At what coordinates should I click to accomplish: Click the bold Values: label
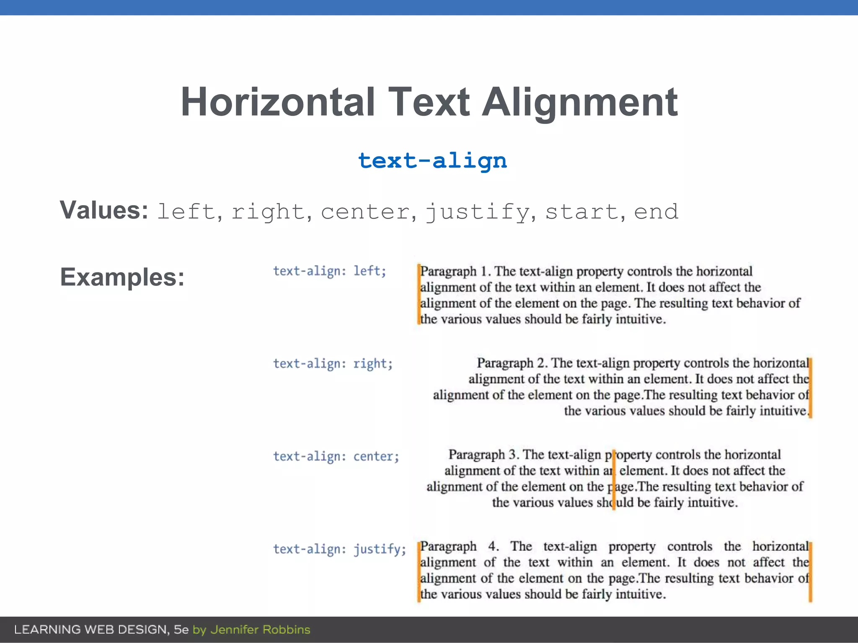103,210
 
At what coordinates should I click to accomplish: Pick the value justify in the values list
478,212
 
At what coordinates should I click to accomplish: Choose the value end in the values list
656,212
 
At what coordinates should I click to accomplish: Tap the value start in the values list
581,212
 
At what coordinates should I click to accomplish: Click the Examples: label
122,277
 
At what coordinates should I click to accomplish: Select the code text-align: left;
329,271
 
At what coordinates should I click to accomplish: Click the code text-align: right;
333,364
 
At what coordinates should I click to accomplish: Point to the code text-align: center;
336,456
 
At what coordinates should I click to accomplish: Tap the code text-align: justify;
339,549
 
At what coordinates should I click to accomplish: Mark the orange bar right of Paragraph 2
810,387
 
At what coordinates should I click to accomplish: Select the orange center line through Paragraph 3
614,479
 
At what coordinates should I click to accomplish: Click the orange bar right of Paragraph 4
810,571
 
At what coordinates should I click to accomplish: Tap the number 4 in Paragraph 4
493,546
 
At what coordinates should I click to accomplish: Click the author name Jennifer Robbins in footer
260,630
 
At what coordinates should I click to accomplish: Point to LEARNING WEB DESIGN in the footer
91,630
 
